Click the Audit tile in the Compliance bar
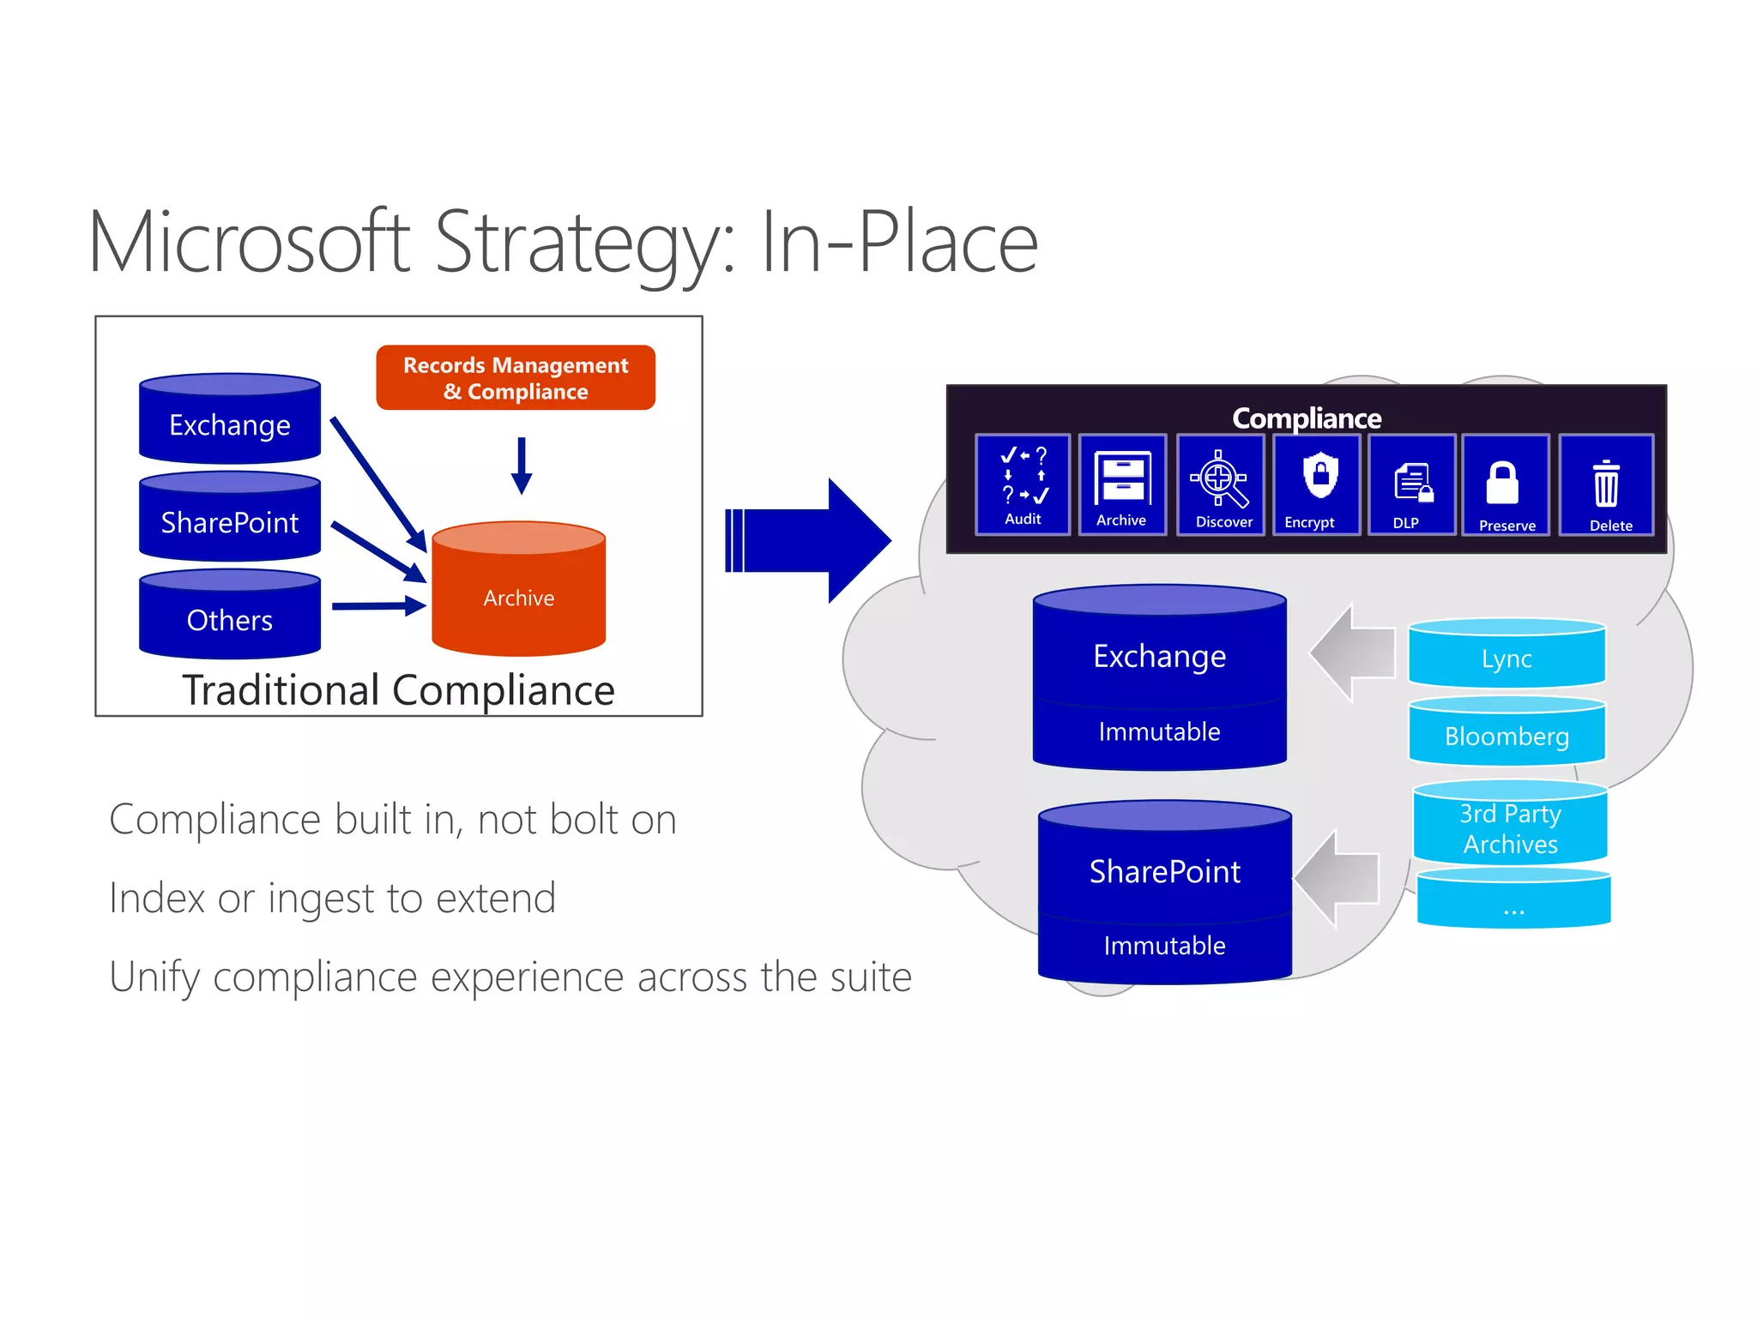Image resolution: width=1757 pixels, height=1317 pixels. (1023, 484)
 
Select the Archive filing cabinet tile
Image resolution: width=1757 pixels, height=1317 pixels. (1122, 484)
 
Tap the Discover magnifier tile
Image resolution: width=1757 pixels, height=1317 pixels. (1221, 484)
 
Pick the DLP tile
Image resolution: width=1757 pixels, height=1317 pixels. (1412, 484)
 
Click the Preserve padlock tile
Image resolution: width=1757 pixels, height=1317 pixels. (1506, 484)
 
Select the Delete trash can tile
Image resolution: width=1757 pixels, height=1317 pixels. (1606, 484)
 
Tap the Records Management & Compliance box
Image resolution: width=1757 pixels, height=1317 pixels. (516, 378)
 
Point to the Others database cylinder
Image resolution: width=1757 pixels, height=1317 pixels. (230, 615)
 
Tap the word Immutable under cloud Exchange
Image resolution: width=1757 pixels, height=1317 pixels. (1159, 731)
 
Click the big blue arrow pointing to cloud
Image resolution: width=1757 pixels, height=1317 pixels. (806, 540)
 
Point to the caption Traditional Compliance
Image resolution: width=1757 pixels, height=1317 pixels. (398, 690)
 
